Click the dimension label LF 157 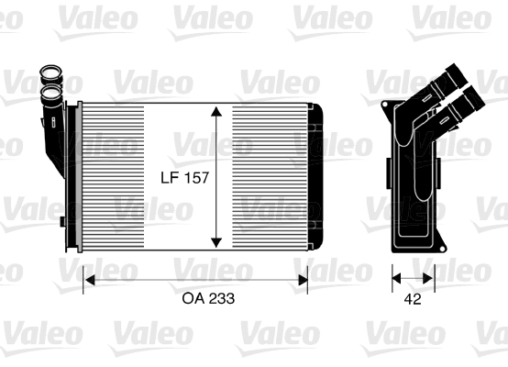coord(184,178)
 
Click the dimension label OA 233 coord(208,298)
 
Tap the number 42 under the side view coord(413,299)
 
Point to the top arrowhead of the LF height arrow coord(216,111)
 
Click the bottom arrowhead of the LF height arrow coord(216,243)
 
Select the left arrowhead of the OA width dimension coord(89,280)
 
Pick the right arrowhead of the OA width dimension coord(303,280)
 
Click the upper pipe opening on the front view coord(50,71)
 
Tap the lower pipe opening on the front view coord(52,93)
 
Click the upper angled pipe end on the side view coord(457,76)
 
